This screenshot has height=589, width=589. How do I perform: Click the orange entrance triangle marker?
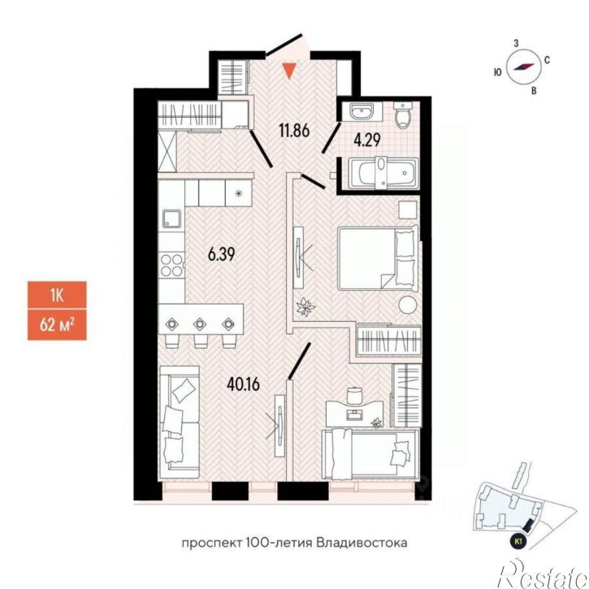pyautogui.click(x=289, y=71)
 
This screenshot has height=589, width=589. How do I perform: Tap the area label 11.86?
pyautogui.click(x=294, y=131)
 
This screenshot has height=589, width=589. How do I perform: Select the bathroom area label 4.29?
pyautogui.click(x=367, y=140)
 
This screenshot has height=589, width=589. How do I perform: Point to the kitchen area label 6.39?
pyautogui.click(x=221, y=254)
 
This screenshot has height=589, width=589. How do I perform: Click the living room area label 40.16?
pyautogui.click(x=244, y=384)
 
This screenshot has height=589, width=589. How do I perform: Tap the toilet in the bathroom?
pyautogui.click(x=402, y=115)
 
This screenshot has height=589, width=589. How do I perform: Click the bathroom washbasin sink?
pyautogui.click(x=361, y=110)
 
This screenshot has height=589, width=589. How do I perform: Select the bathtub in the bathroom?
pyautogui.click(x=383, y=173)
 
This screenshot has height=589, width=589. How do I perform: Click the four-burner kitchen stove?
pyautogui.click(x=171, y=265)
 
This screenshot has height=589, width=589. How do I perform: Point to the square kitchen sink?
pyautogui.click(x=171, y=219)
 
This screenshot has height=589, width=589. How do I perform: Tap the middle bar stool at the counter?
pyautogui.click(x=200, y=332)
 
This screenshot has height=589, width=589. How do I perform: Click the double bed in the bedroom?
pyautogui.click(x=378, y=258)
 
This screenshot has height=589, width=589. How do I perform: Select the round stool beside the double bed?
pyautogui.click(x=408, y=304)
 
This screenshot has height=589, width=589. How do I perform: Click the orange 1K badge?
pyautogui.click(x=57, y=295)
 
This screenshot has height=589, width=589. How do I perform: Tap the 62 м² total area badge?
pyautogui.click(x=57, y=325)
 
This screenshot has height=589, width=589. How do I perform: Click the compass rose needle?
pyautogui.click(x=524, y=67)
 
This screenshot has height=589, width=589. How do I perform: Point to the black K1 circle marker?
pyautogui.click(x=519, y=542)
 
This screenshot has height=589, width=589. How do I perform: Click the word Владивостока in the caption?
pyautogui.click(x=362, y=544)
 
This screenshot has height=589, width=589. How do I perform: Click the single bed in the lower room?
pyautogui.click(x=370, y=454)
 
